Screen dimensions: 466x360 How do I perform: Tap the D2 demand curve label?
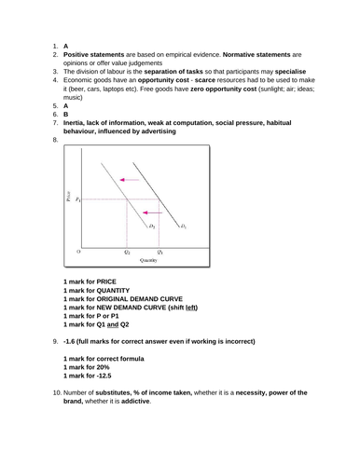coord(152,226)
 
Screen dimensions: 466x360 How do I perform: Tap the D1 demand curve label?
coord(183,226)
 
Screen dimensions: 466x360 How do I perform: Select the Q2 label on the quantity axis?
coord(128,253)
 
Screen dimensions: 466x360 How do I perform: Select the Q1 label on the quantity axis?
coord(160,253)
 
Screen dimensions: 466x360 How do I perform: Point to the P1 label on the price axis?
coord(79,200)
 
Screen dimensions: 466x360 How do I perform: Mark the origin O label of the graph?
coord(78,252)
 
